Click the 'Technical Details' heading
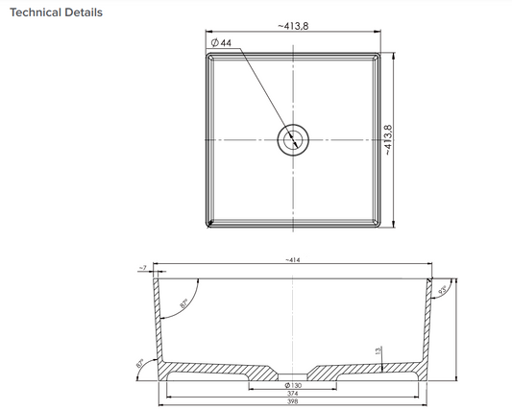(56, 13)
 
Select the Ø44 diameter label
(220, 43)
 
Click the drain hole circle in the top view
(292, 140)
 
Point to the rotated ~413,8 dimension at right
(388, 140)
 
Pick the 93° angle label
(443, 288)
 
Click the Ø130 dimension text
(292, 384)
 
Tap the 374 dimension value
(292, 394)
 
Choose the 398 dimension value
(292, 404)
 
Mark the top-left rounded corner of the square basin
(207, 56)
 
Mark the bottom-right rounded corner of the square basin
(378, 225)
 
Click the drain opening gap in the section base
(292, 371)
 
